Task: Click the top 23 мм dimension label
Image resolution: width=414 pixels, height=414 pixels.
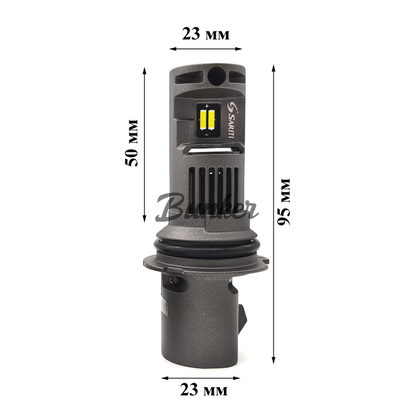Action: pyautogui.click(x=205, y=34)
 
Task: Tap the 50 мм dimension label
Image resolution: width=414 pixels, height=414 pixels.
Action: pyautogui.click(x=132, y=143)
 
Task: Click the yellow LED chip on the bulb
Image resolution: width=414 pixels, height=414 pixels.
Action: pyautogui.click(x=206, y=119)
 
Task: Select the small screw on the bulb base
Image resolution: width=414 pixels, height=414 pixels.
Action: pyautogui.click(x=173, y=282)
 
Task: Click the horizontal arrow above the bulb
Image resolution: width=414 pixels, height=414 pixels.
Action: pyautogui.click(x=205, y=49)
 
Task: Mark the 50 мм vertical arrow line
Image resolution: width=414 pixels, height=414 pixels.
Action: pyautogui.click(x=144, y=145)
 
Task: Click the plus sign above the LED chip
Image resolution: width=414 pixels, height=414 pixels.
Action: pyautogui.click(x=206, y=106)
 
